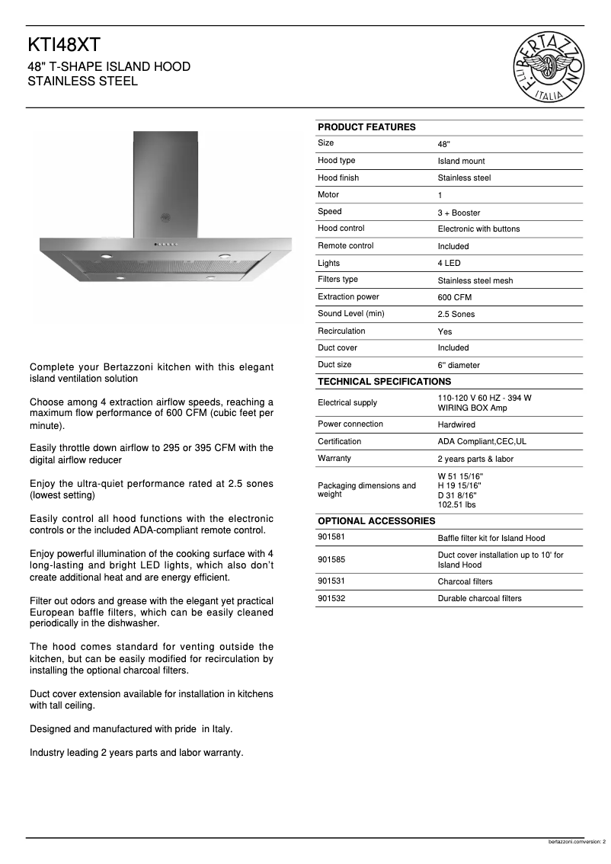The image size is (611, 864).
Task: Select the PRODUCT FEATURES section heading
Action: click(366, 127)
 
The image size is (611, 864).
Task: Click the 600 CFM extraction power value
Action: click(454, 297)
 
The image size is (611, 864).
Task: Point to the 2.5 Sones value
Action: click(456, 314)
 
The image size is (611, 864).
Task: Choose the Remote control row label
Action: click(345, 246)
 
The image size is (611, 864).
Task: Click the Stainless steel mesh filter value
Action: click(475, 280)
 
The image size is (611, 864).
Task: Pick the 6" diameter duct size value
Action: click(459, 365)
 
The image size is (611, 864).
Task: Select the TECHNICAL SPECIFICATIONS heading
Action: click(384, 381)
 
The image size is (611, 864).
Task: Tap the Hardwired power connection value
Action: click(456, 424)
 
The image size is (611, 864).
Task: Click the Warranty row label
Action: click(334, 459)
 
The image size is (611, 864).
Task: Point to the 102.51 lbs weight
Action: click(456, 504)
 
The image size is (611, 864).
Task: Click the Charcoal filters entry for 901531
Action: click(465, 582)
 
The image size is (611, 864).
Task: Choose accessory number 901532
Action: click(331, 598)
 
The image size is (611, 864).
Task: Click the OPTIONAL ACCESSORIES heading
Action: click(376, 521)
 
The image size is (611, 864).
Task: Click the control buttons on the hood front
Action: click(167, 245)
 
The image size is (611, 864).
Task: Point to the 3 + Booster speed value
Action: click(459, 213)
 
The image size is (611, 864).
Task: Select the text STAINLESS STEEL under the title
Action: click(83, 82)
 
